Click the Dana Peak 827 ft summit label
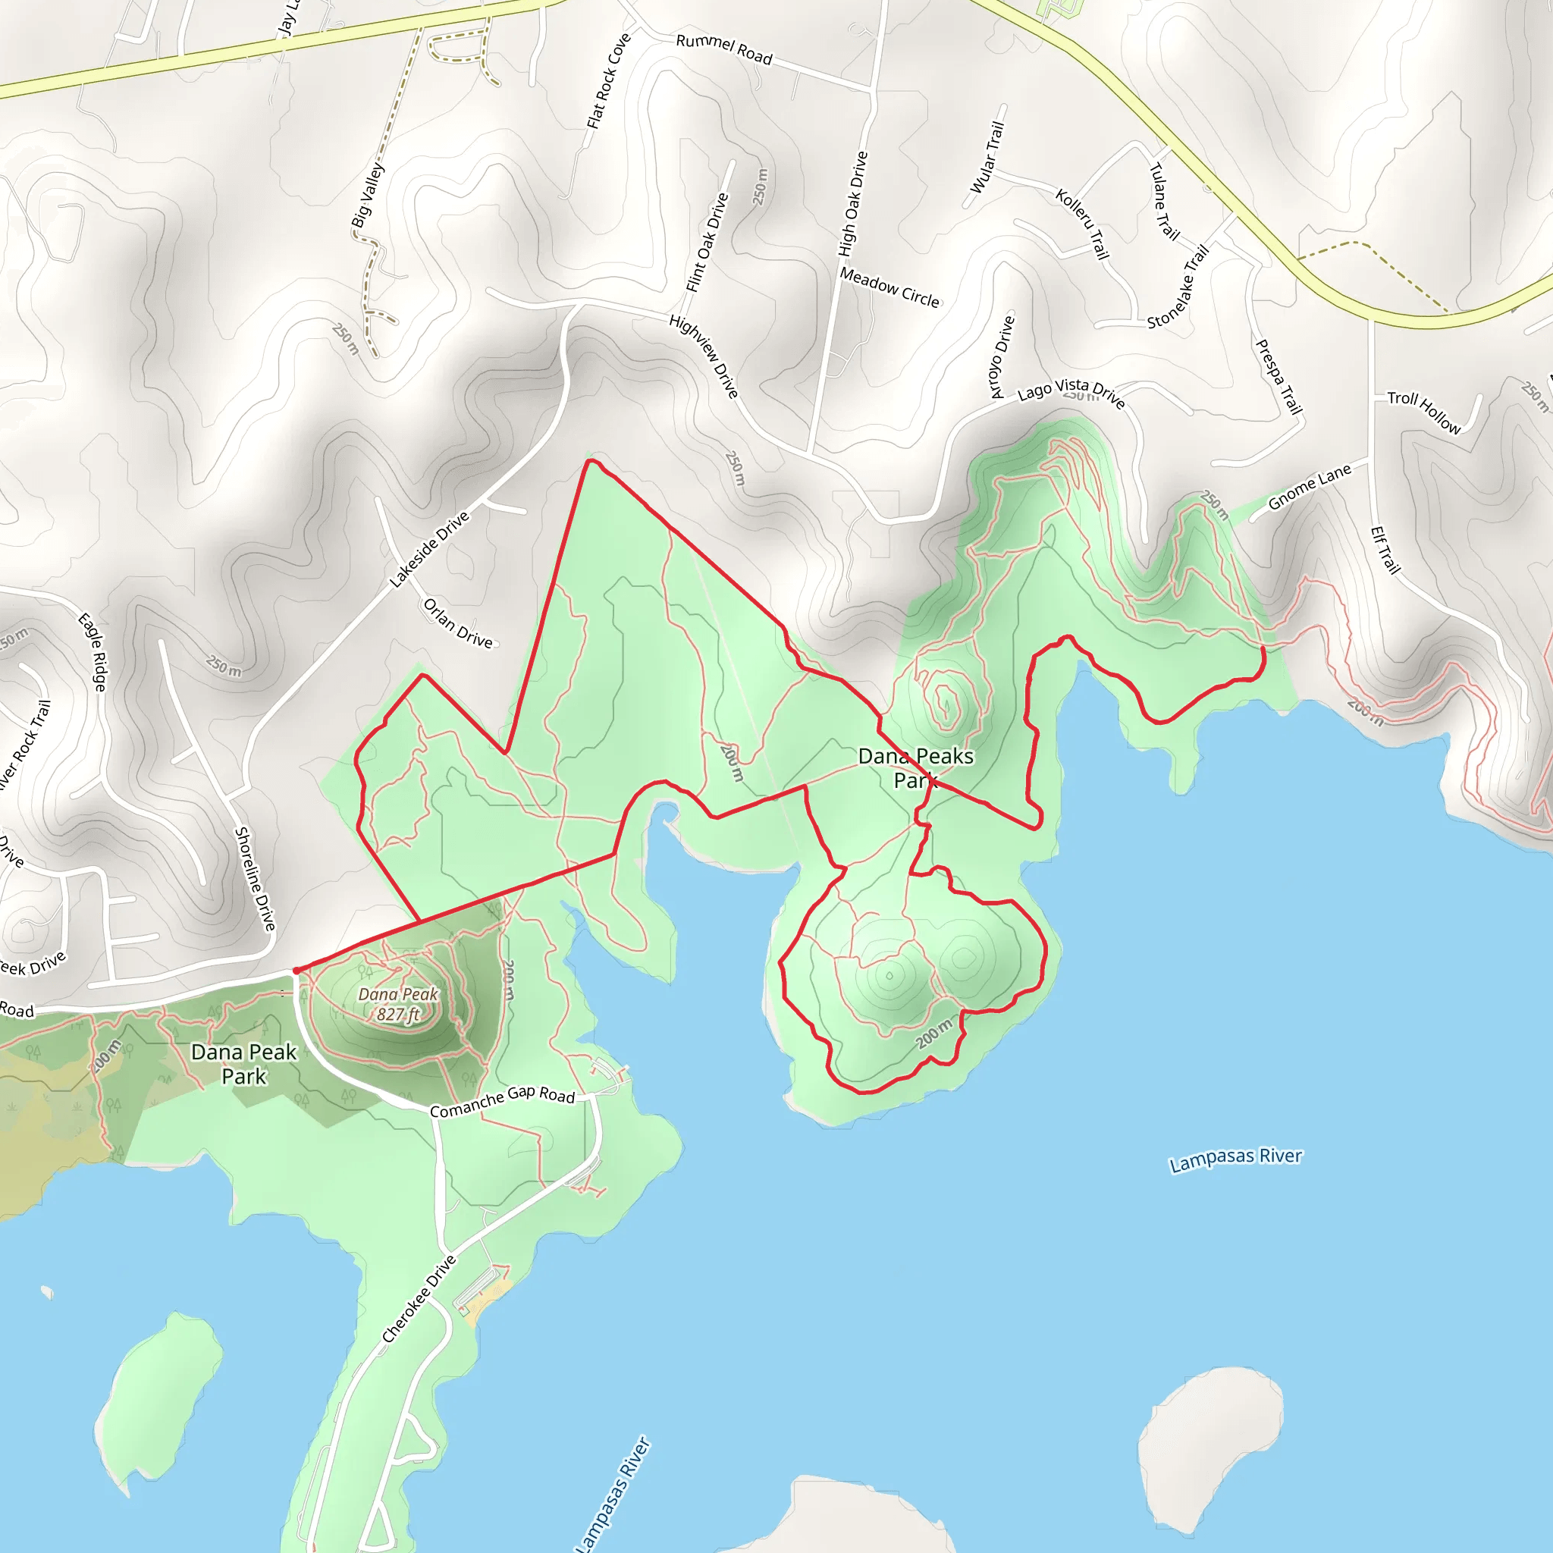pos(399,1005)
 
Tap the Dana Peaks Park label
pos(915,767)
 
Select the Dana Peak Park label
pos(243,1063)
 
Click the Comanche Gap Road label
pos(503,1100)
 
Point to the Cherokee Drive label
pos(419,1298)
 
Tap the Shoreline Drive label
pos(255,879)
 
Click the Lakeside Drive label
pos(429,549)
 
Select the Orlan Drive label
pos(457,623)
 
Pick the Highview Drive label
pos(704,356)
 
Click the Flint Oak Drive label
pos(707,243)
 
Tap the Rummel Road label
pos(723,49)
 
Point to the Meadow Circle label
pos(889,287)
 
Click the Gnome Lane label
pos(1310,487)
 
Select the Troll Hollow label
pos(1423,412)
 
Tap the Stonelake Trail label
pos(1178,287)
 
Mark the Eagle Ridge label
pos(92,652)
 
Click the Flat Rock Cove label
pos(608,81)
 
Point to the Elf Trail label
pos(1385,550)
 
